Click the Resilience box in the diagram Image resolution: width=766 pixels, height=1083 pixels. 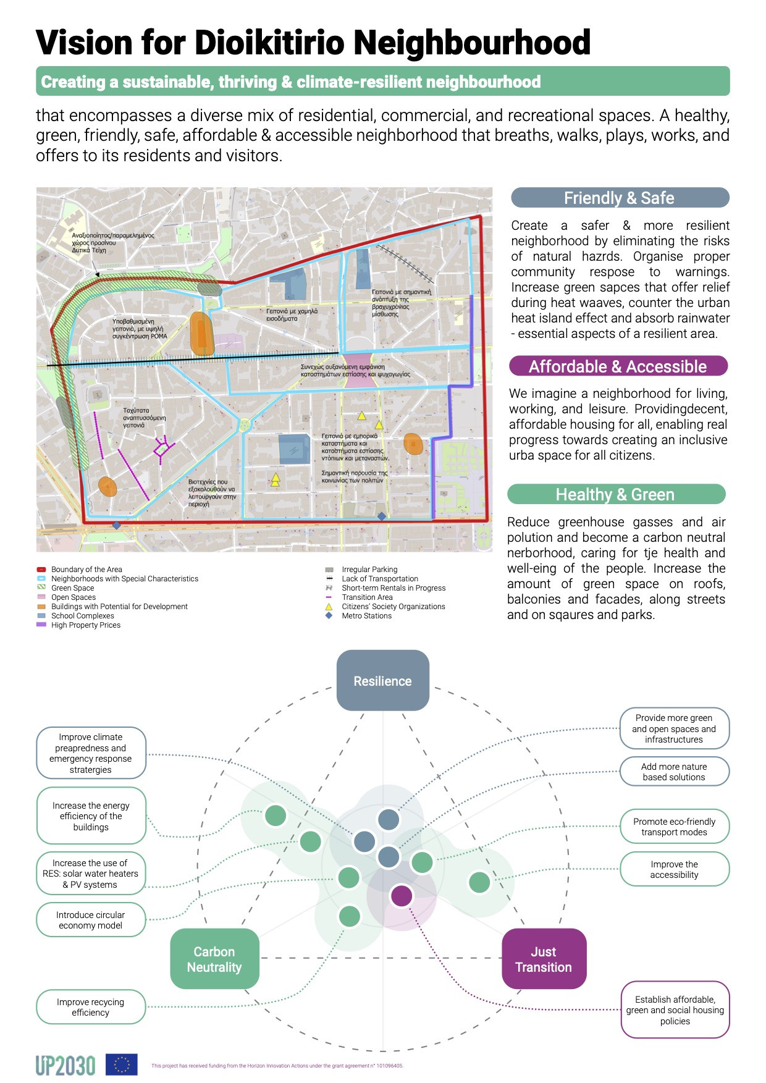382,680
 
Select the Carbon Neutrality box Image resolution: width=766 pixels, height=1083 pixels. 214,959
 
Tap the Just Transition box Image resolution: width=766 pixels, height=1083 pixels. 544,959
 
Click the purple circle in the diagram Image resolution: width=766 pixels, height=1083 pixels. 402,895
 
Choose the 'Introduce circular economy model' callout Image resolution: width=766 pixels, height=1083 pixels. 91,920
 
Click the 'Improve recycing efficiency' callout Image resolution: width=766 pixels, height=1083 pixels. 91,1007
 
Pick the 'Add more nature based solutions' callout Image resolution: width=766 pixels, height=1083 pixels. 674,772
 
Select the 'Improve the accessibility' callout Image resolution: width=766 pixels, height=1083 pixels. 674,869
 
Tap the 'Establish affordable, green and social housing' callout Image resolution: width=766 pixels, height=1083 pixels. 675,1010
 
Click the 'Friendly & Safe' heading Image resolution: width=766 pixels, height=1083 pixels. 620,198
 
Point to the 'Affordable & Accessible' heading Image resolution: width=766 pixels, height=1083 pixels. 618,366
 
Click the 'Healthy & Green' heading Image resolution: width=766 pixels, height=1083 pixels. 615,494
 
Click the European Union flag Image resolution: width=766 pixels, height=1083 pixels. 122,1064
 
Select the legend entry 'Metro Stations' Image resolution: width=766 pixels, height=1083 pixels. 366,616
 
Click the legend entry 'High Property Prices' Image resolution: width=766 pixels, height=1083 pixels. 85,625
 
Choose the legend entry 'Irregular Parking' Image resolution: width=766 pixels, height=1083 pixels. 369,570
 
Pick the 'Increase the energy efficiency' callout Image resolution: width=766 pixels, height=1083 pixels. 91,816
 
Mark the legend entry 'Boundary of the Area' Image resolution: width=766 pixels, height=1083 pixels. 86,570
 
